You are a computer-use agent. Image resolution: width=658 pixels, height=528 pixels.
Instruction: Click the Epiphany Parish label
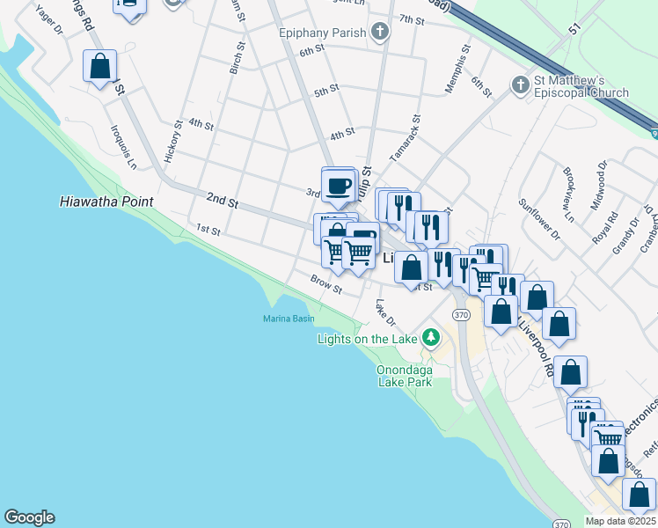click(x=321, y=33)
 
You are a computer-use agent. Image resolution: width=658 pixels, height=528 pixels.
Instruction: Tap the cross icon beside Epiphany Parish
click(x=380, y=33)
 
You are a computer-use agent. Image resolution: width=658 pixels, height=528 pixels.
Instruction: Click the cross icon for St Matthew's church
click(x=520, y=85)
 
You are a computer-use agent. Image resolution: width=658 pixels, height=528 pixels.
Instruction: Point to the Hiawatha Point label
click(x=106, y=202)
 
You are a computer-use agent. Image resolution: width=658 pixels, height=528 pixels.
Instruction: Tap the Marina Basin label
click(x=289, y=319)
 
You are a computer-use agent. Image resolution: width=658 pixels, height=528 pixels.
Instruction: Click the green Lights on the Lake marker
click(x=431, y=337)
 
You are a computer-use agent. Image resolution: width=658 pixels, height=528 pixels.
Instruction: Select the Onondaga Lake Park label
click(x=405, y=376)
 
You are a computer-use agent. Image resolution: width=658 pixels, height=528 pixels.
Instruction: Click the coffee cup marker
click(x=338, y=186)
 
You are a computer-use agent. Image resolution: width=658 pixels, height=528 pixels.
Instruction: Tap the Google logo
click(x=29, y=517)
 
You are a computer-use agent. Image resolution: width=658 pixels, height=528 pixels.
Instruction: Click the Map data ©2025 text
click(x=619, y=521)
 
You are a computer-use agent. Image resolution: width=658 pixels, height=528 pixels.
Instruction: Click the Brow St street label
click(x=325, y=284)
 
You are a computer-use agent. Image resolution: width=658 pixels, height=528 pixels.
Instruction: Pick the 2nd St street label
click(x=223, y=202)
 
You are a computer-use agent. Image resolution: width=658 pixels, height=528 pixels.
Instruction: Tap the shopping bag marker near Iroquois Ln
click(x=100, y=66)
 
